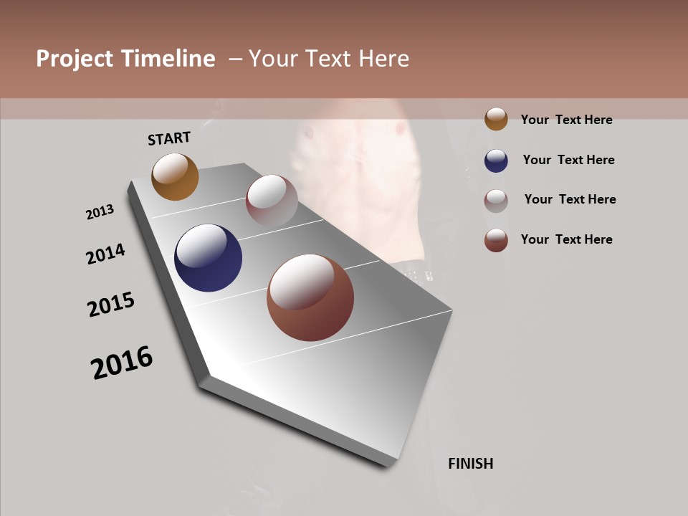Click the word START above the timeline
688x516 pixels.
click(169, 138)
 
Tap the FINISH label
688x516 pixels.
click(470, 464)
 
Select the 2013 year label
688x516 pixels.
click(100, 212)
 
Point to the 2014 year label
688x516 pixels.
click(106, 254)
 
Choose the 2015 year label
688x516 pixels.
click(111, 305)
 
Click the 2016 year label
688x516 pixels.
click(122, 363)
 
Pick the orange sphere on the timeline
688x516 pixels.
click(175, 176)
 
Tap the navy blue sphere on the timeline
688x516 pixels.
click(208, 258)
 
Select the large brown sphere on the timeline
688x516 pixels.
click(310, 297)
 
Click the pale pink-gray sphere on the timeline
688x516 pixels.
click(272, 201)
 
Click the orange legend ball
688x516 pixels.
click(496, 119)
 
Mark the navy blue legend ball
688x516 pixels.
click(496, 161)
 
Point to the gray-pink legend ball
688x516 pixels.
click(496, 201)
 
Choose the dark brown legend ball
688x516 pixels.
click(496, 240)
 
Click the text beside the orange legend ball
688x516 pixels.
click(566, 120)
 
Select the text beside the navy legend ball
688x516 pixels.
click(568, 160)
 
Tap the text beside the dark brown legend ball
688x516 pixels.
click(566, 239)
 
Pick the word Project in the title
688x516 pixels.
click(74, 59)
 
